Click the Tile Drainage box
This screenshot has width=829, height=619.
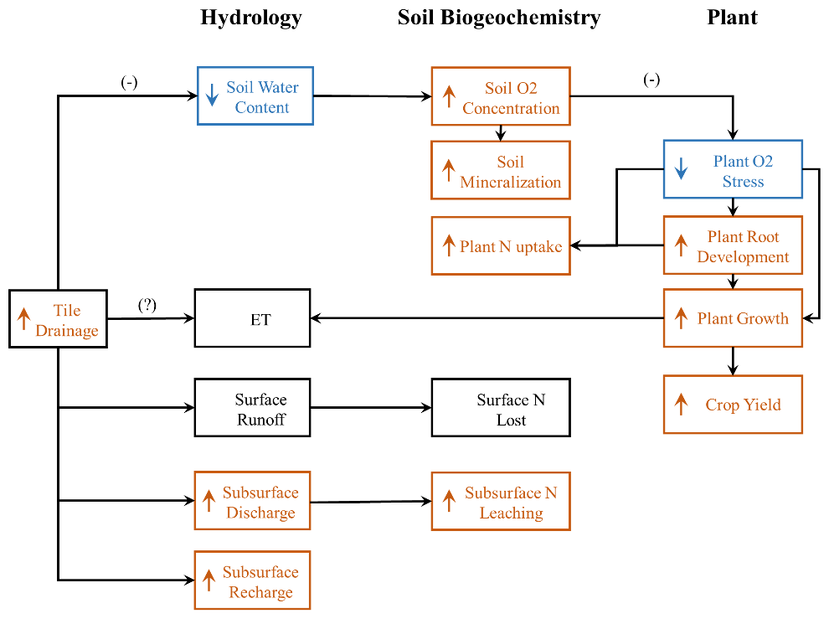(x=58, y=319)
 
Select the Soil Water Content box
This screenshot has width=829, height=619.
(x=255, y=96)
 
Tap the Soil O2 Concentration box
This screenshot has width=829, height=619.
(x=501, y=97)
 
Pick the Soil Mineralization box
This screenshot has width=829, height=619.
(x=501, y=170)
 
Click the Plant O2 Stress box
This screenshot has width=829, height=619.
(x=733, y=169)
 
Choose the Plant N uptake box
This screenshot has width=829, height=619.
(x=501, y=245)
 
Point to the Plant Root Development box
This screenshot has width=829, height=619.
(x=733, y=245)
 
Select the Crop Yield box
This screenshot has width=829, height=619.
(x=733, y=405)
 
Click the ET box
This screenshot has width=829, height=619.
(x=252, y=318)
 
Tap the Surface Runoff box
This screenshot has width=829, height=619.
(x=252, y=408)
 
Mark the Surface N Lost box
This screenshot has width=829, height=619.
(x=501, y=408)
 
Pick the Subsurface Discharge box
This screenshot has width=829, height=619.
(x=252, y=501)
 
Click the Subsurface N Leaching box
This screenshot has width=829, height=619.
(x=501, y=501)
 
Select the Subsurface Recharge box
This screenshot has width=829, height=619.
(x=252, y=580)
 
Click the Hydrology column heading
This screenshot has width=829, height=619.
(x=251, y=18)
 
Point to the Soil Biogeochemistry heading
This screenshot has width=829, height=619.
(x=499, y=18)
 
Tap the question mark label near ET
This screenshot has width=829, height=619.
(x=147, y=305)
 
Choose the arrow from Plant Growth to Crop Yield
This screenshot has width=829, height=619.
(x=733, y=361)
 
